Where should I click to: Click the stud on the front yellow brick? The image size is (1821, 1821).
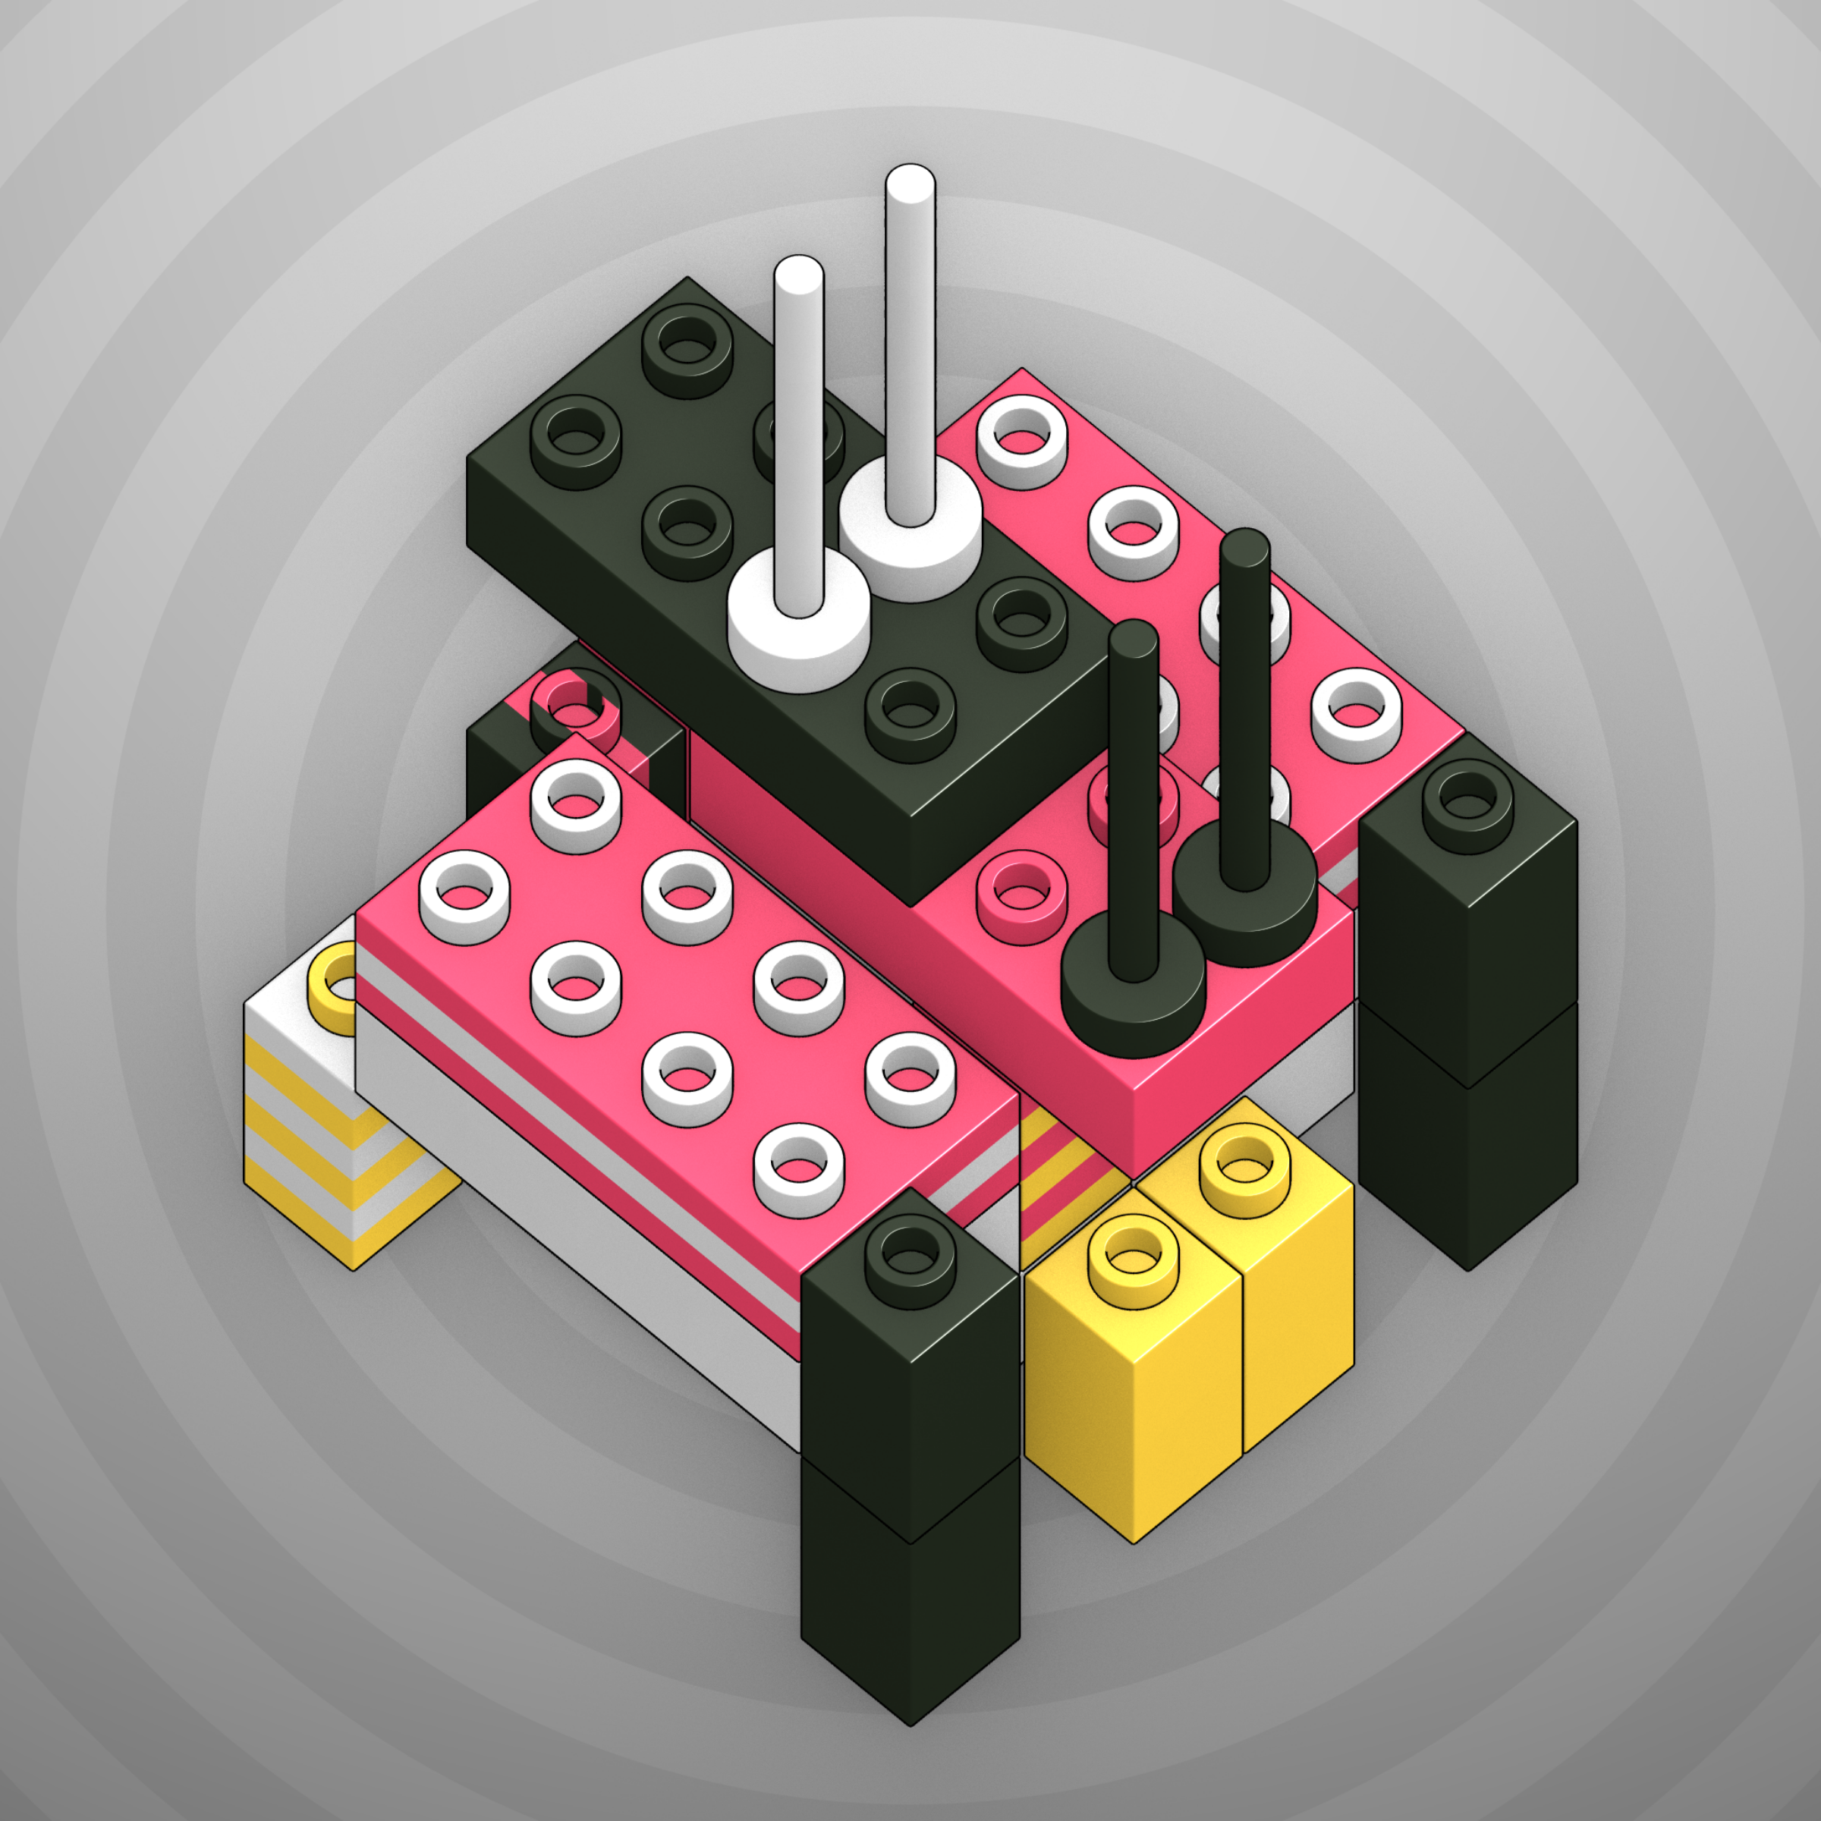coord(1133,1258)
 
